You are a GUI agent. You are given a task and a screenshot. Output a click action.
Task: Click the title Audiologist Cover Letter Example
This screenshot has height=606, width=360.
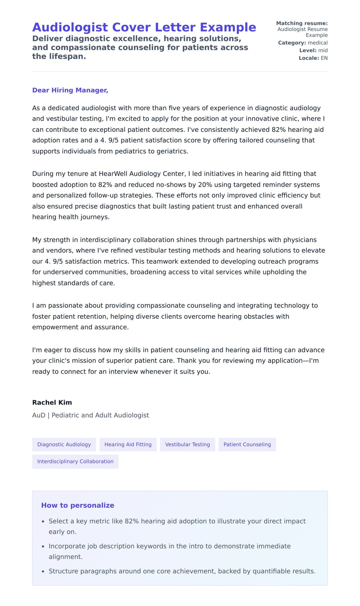(144, 27)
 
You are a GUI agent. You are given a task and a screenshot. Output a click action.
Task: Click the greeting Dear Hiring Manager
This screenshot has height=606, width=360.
(70, 90)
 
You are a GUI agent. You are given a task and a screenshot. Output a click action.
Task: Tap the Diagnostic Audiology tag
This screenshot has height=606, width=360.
(64, 445)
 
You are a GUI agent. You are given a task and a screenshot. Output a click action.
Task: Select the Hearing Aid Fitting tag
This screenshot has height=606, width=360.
(128, 445)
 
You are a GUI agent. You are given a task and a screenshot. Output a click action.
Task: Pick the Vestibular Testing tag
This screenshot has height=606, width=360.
(187, 445)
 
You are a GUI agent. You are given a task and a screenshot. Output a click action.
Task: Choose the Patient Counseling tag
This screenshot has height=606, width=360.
(247, 445)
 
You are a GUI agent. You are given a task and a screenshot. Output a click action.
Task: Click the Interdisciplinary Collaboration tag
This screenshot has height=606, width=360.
(75, 461)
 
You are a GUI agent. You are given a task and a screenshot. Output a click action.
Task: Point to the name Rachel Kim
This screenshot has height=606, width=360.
(52, 402)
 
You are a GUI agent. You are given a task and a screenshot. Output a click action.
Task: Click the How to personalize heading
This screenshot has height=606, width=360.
(77, 505)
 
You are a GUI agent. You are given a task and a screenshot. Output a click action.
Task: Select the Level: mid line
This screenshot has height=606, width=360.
(313, 50)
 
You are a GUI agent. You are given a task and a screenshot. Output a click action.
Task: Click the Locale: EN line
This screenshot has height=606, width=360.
(313, 58)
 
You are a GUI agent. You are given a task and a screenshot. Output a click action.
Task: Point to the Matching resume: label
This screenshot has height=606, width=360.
(301, 23)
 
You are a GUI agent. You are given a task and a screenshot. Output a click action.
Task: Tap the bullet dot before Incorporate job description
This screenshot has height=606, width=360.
(43, 547)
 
